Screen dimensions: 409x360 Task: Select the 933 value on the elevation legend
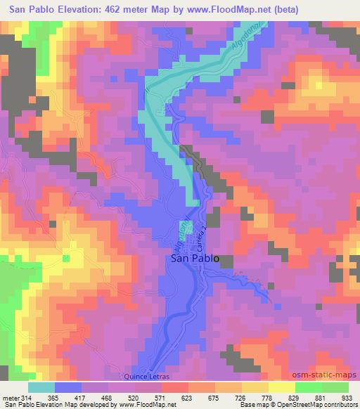(x=347, y=396)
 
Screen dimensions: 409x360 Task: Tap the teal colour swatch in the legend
(x=41, y=387)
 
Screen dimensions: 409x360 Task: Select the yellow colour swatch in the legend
(x=281, y=387)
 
